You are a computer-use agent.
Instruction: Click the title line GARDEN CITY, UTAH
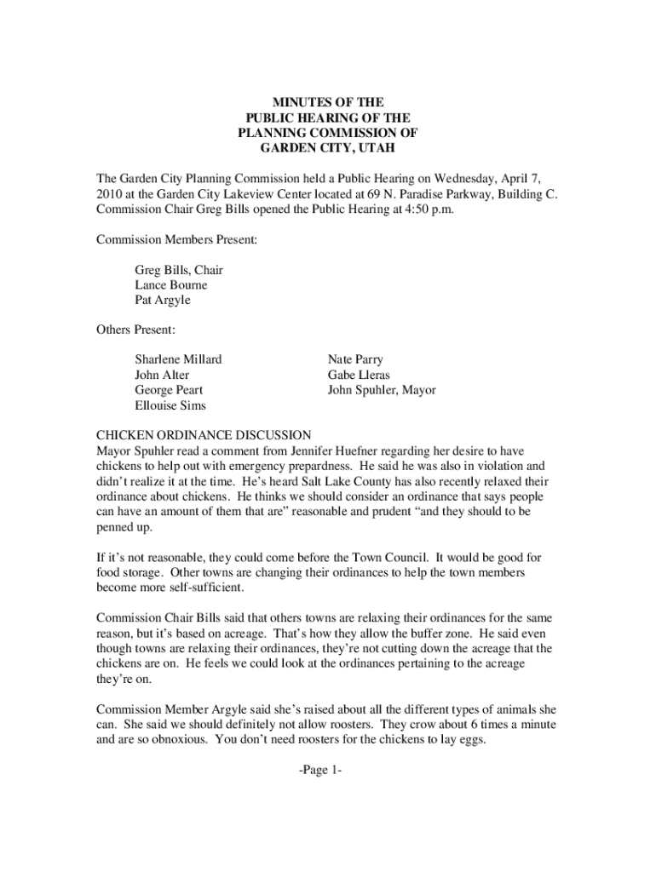[x=328, y=148]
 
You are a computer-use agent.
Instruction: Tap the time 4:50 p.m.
[x=429, y=209]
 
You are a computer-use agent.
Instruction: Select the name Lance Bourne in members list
[x=170, y=284]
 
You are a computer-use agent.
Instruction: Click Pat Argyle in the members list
[x=163, y=300]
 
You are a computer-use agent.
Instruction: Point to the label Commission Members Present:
[x=177, y=240]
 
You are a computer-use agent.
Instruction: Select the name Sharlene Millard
[x=178, y=359]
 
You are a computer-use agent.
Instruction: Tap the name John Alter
[x=162, y=375]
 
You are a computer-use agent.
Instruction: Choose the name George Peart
[x=169, y=390]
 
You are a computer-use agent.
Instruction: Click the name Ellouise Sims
[x=170, y=405]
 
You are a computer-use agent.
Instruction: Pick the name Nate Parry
[x=355, y=359]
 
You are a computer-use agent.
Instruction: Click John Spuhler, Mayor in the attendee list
[x=382, y=390]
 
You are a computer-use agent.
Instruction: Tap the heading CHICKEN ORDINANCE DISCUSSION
[x=204, y=435]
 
